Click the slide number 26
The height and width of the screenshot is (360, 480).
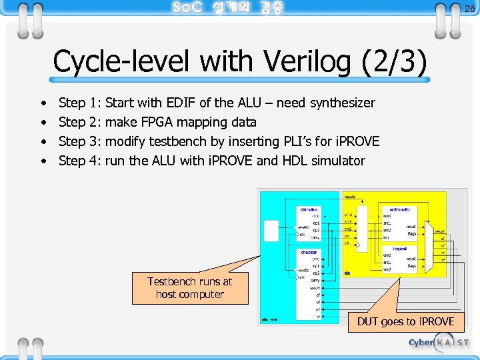pyautogui.click(x=469, y=9)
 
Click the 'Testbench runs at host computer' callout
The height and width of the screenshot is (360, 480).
pyautogui.click(x=190, y=288)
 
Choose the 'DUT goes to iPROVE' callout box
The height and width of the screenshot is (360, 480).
pyautogui.click(x=405, y=321)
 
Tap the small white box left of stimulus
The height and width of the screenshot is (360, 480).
pyautogui.click(x=271, y=230)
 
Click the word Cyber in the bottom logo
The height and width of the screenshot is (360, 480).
pyautogui.click(x=421, y=342)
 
